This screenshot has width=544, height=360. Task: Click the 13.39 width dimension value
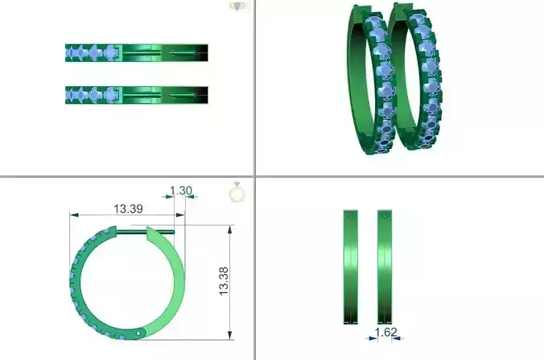click(128, 209)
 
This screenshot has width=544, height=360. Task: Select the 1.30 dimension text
click(181, 191)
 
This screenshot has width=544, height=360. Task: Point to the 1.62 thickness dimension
click(386, 331)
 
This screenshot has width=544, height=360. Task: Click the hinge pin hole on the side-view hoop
click(141, 331)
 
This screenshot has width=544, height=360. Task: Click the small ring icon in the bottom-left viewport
click(237, 192)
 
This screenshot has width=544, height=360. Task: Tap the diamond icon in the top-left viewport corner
click(237, 6)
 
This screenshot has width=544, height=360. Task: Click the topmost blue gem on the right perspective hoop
click(417, 24)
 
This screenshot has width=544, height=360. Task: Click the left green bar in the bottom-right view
click(351, 266)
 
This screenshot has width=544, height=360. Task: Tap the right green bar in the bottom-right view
click(384, 266)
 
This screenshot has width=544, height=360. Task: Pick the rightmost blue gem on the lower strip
click(112, 95)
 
